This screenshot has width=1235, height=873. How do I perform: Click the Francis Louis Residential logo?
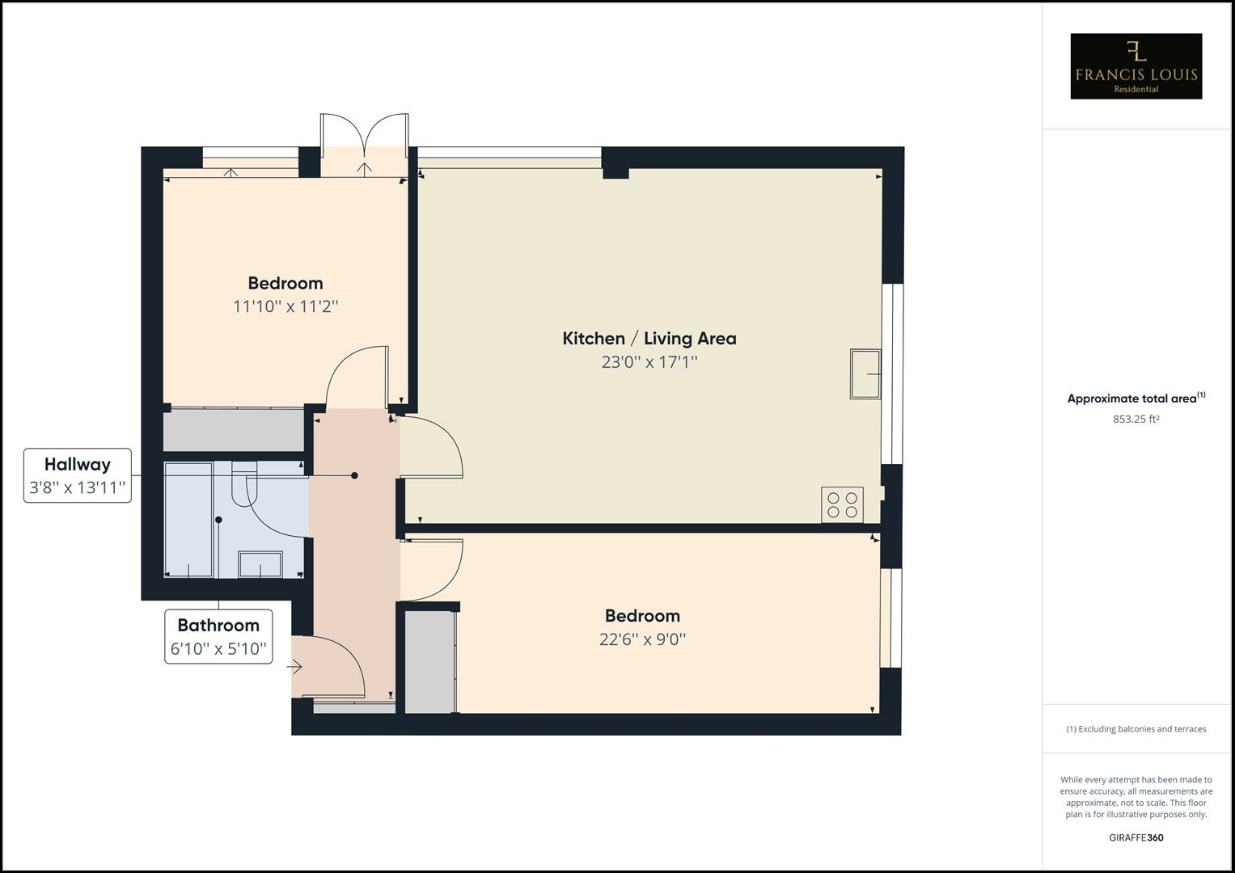[1136, 66]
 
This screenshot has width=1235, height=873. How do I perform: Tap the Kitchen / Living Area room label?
[649, 339]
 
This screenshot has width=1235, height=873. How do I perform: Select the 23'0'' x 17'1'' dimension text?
[649, 362]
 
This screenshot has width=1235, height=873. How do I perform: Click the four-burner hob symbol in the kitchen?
[842, 504]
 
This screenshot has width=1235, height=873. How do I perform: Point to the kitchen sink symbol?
[865, 373]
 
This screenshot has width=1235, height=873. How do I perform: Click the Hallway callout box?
[78, 475]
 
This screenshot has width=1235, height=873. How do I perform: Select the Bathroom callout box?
[218, 636]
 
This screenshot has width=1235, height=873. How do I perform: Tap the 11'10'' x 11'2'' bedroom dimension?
[285, 306]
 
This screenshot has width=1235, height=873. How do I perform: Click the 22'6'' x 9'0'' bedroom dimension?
[642, 639]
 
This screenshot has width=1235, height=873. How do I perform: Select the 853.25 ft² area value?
[1136, 419]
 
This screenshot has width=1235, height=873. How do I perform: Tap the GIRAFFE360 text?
[1136, 837]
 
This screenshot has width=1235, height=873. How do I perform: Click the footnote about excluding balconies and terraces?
[1136, 729]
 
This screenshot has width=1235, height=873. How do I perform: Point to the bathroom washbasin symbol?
[260, 564]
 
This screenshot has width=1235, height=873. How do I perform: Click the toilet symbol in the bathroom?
[243, 482]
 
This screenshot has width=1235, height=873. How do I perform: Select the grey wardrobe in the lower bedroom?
[429, 662]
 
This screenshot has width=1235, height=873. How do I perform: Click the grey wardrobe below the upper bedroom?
[233, 430]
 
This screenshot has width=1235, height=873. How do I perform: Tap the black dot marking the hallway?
[354, 476]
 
